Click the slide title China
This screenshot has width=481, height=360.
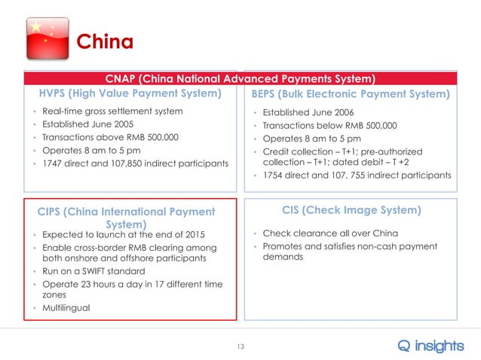pyautogui.click(x=106, y=41)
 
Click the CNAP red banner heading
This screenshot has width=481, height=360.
pyautogui.click(x=240, y=78)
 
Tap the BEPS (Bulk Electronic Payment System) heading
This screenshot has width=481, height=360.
pyautogui.click(x=351, y=95)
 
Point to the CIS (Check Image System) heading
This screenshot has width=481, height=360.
pyautogui.click(x=351, y=210)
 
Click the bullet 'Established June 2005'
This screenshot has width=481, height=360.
pyautogui.click(x=90, y=124)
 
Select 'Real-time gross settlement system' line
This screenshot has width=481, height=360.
pyautogui.click(x=112, y=111)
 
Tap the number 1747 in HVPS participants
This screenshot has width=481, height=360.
pyautogui.click(x=54, y=163)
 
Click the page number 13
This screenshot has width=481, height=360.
pyautogui.click(x=241, y=346)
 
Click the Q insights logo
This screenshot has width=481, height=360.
pyautogui.click(x=430, y=345)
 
